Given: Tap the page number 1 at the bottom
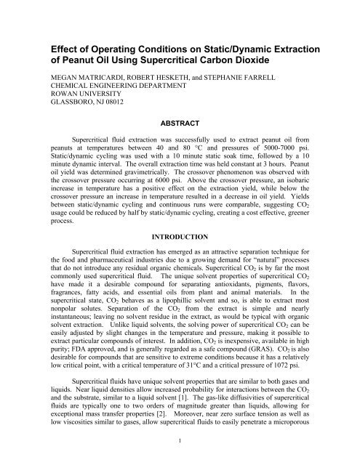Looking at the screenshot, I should tap(180, 458).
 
